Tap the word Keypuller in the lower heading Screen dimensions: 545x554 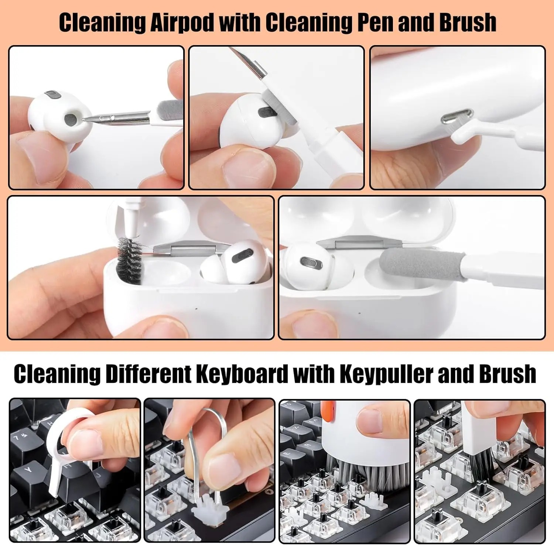coord(386,374)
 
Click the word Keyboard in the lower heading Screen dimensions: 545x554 coord(242,374)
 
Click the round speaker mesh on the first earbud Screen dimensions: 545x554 coord(70,118)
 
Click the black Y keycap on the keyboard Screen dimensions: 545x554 coord(28,471)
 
